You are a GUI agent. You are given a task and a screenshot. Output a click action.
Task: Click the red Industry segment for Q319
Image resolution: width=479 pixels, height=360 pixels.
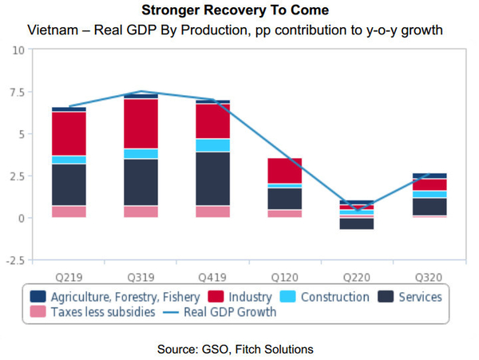click(141, 124)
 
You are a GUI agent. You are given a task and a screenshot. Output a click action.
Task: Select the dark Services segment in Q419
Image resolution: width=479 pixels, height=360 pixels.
click(212, 179)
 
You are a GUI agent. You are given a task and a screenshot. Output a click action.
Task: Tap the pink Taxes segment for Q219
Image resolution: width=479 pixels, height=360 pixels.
click(69, 212)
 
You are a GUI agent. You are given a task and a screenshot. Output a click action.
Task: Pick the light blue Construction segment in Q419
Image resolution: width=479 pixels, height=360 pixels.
click(212, 145)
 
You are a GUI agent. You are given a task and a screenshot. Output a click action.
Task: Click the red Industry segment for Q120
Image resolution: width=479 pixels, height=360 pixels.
click(285, 171)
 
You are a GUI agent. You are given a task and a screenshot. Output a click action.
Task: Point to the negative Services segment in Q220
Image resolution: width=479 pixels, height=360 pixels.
click(357, 224)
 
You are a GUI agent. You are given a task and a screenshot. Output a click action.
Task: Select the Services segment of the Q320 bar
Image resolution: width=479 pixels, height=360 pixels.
click(429, 207)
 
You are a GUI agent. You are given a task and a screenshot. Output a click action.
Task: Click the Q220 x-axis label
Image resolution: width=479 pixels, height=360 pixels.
click(357, 278)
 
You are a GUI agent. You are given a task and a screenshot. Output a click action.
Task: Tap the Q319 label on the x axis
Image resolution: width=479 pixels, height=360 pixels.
click(141, 278)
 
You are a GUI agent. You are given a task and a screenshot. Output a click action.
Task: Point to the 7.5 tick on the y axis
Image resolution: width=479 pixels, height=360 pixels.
click(17, 93)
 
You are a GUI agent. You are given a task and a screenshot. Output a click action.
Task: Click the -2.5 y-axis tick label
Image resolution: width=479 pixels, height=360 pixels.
click(15, 260)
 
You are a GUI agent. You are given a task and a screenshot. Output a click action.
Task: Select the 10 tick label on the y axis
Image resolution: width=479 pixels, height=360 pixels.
click(18, 50)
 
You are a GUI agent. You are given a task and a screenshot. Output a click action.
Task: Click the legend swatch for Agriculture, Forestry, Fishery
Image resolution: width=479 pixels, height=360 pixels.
click(38, 296)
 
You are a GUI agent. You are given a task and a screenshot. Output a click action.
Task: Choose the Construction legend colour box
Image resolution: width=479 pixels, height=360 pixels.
click(287, 296)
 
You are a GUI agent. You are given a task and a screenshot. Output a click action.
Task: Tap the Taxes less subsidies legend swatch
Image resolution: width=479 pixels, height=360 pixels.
click(38, 312)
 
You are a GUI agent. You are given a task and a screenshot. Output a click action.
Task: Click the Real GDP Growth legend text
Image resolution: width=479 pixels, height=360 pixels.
click(230, 312)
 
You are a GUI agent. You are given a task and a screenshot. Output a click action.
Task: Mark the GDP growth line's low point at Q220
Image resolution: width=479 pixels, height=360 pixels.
click(357, 211)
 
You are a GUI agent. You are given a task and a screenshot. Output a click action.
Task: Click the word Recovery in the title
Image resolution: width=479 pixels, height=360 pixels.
click(235, 10)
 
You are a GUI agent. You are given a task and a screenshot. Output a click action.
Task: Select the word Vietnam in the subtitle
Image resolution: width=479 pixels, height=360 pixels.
click(53, 30)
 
